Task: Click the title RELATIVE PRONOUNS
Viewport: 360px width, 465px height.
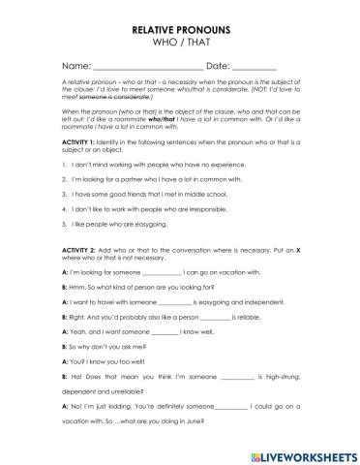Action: click(x=180, y=31)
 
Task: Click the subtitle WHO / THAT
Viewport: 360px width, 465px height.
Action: click(x=180, y=45)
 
